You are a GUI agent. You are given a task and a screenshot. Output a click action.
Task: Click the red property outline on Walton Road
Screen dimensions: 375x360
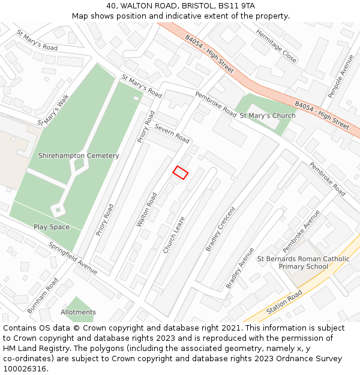pos(181,173)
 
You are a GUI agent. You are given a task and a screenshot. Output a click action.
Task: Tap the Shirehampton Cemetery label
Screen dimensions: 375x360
pos(79,155)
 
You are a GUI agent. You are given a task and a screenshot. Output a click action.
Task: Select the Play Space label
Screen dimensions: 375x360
pos(52,227)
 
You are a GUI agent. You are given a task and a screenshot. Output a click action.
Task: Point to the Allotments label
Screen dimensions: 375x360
pos(78,312)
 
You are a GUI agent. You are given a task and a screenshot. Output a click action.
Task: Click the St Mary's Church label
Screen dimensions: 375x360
pos(268,116)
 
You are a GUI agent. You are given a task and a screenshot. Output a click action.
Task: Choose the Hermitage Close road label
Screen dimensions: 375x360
pos(277,46)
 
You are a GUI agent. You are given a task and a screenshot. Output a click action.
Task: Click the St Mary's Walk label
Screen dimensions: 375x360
pos(54,110)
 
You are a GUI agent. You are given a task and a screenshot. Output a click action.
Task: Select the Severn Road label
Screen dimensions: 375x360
pos(172,133)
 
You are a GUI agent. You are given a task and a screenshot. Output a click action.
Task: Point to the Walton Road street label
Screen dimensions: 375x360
pos(147,209)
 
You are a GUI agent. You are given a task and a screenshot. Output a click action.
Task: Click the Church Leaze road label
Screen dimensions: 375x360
pos(175,235)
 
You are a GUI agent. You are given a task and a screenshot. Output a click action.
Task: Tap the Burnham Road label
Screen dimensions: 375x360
pos(43,295)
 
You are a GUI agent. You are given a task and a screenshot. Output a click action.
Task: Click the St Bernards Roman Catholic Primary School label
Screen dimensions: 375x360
pos(304,262)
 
